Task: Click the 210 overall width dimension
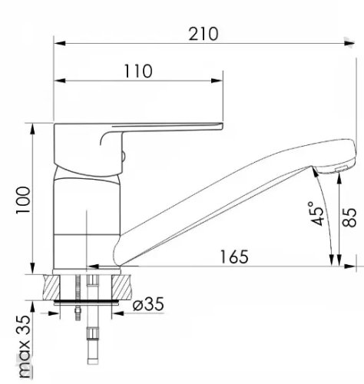click(204, 34)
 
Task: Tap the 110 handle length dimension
click(138, 71)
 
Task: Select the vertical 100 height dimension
click(24, 200)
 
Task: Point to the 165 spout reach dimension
click(234, 257)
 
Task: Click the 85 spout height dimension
click(349, 217)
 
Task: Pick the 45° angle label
click(317, 214)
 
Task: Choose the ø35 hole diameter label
click(148, 304)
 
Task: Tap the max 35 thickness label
click(25, 347)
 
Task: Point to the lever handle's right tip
click(223, 126)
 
